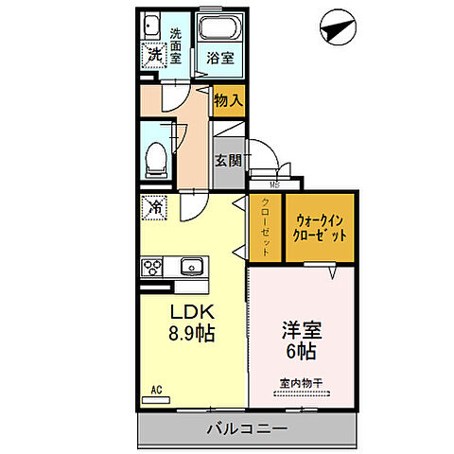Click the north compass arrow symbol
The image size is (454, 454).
coord(335,27)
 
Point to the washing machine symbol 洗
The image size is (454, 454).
coord(152,55)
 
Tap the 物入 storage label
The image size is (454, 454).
coord(227,97)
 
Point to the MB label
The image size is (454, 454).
coord(274,184)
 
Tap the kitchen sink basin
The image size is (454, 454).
coord(192,266)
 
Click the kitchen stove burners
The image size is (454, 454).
coord(153,266)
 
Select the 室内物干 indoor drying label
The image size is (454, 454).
coord(302,382)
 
